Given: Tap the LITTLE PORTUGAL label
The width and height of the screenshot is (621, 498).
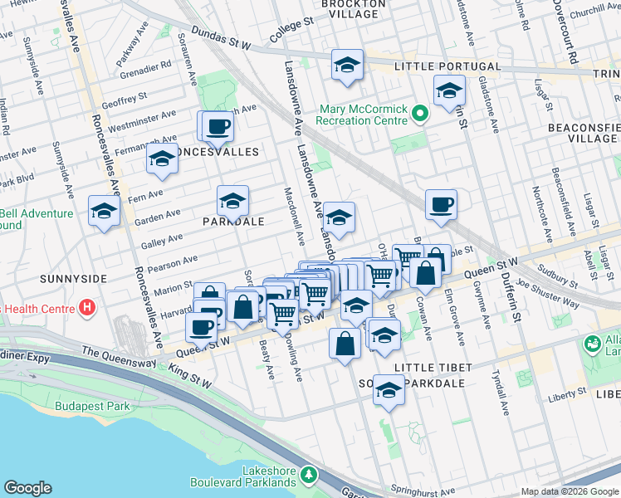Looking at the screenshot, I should [447, 66].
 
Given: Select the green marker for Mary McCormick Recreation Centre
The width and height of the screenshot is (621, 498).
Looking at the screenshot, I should [420, 115].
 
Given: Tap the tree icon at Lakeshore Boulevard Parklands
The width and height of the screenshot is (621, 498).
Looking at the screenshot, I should [309, 474].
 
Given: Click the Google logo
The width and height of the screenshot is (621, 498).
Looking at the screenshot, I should [27, 488].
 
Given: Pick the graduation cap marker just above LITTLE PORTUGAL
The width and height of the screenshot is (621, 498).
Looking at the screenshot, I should [347, 66].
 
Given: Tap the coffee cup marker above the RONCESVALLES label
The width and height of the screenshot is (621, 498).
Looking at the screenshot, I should [218, 127].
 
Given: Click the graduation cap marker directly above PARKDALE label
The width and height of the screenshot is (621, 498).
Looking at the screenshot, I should [232, 201].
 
